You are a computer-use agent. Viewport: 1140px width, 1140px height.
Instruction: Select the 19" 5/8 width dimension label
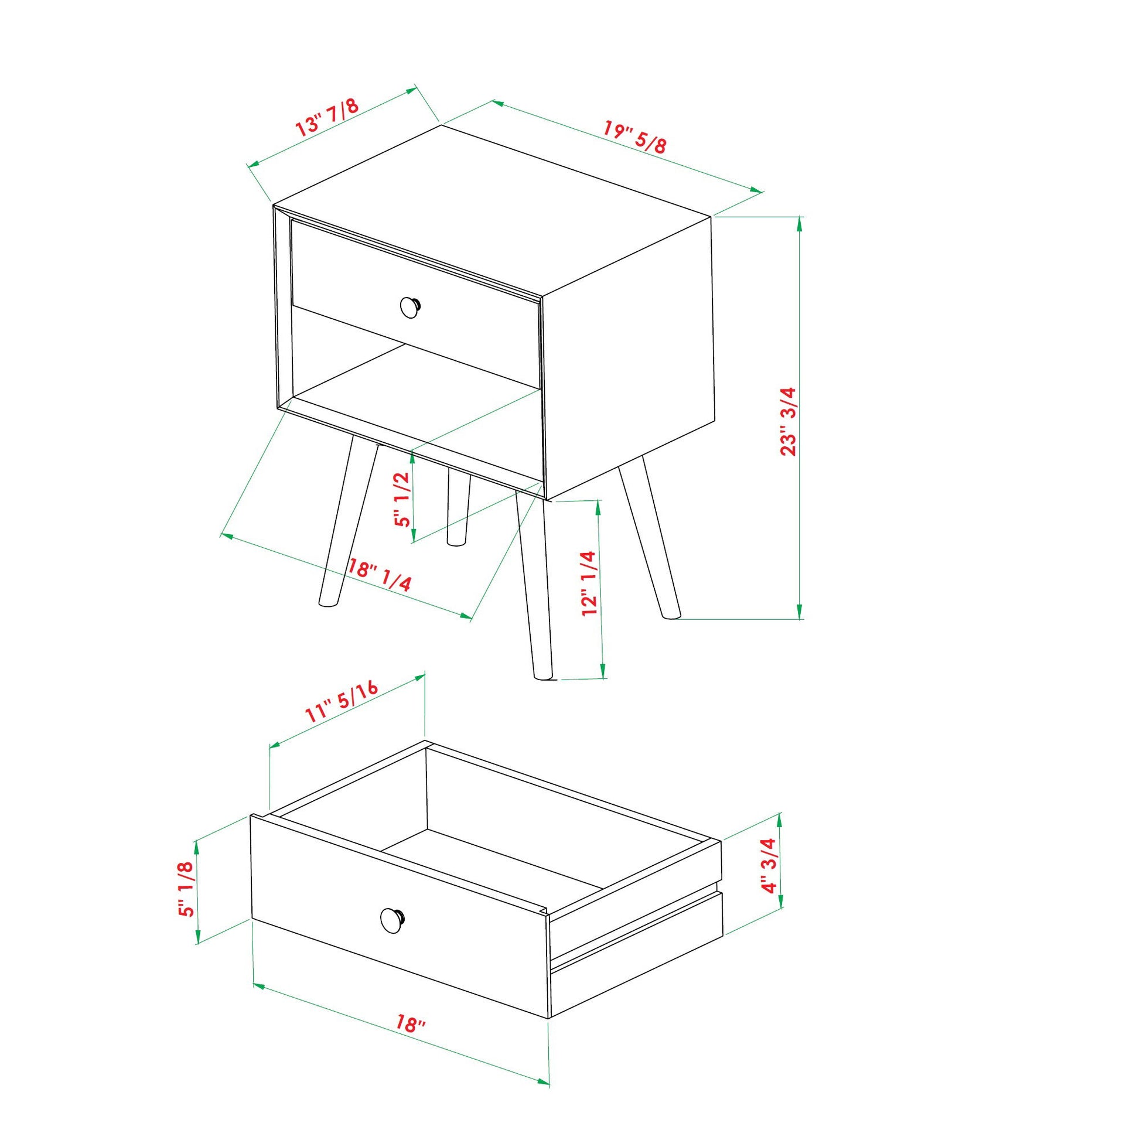click(635, 137)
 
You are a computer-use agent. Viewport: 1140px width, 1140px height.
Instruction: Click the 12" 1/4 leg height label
click(589, 583)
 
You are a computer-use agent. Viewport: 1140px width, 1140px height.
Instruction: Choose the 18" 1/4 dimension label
click(380, 575)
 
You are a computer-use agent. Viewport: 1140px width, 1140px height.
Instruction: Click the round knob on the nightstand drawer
click(410, 307)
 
